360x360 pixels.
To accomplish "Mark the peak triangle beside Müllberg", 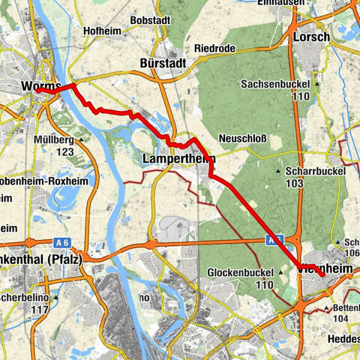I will coord(79,140).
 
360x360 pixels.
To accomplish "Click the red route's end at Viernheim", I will coord(322,276).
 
